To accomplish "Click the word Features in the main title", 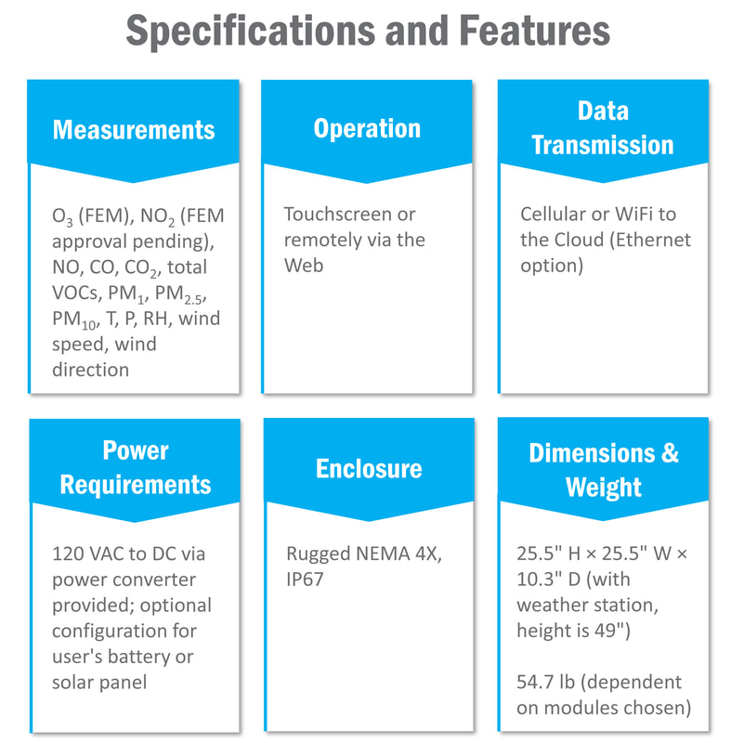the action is pos(534,31).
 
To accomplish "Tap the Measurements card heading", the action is pos(134,129).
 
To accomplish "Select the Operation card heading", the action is pos(367,129).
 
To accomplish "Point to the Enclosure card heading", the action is pos(369,468).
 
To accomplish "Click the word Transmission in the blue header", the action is pos(603,145).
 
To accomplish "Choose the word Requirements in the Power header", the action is pos(136,485).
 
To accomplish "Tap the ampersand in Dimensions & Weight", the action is pos(670,452).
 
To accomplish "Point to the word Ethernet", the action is pos(650,240).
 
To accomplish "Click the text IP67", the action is pos(305,579).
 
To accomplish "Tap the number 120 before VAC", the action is pos(68,554).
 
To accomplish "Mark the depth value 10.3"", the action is pos(539,579).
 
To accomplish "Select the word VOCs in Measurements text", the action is pos(77,293).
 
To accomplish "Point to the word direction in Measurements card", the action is pos(91,370).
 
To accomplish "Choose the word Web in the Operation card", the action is pos(304,266).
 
